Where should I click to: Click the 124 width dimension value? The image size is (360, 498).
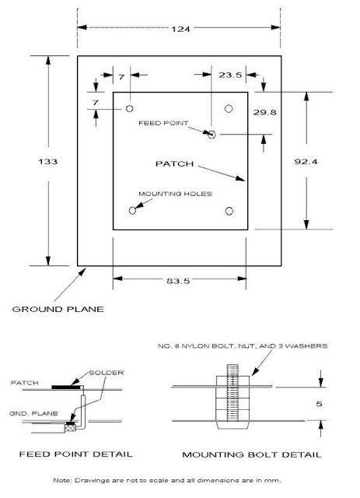pos(180,29)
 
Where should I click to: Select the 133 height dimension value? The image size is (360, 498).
pos(47,161)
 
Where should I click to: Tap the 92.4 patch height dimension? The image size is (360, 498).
pos(306,162)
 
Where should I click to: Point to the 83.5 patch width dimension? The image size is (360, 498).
pos(178,281)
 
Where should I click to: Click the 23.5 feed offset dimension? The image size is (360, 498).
pos(230,75)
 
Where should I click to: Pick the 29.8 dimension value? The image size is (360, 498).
pos(265,112)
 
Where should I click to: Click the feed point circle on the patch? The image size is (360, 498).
pos(211,135)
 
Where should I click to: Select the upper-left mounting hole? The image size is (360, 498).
pos(130,109)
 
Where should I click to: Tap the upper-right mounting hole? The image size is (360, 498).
pos(229,109)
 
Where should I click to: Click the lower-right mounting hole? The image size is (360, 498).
pos(229,211)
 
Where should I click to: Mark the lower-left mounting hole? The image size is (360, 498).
pos(132,210)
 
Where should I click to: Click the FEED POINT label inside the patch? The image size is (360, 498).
pos(163,123)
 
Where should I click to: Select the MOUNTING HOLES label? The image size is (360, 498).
pos(175,194)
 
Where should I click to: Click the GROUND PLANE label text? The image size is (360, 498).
pos(58,309)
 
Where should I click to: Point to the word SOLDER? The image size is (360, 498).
pos(107,373)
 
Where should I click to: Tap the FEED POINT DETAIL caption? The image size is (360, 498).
pos(76,454)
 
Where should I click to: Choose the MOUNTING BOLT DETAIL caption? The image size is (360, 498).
pos(252,454)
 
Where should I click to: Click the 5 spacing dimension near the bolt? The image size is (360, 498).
pos(319,404)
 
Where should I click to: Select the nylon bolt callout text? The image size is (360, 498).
pos(243,345)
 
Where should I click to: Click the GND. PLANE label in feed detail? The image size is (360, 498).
pos(33,413)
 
